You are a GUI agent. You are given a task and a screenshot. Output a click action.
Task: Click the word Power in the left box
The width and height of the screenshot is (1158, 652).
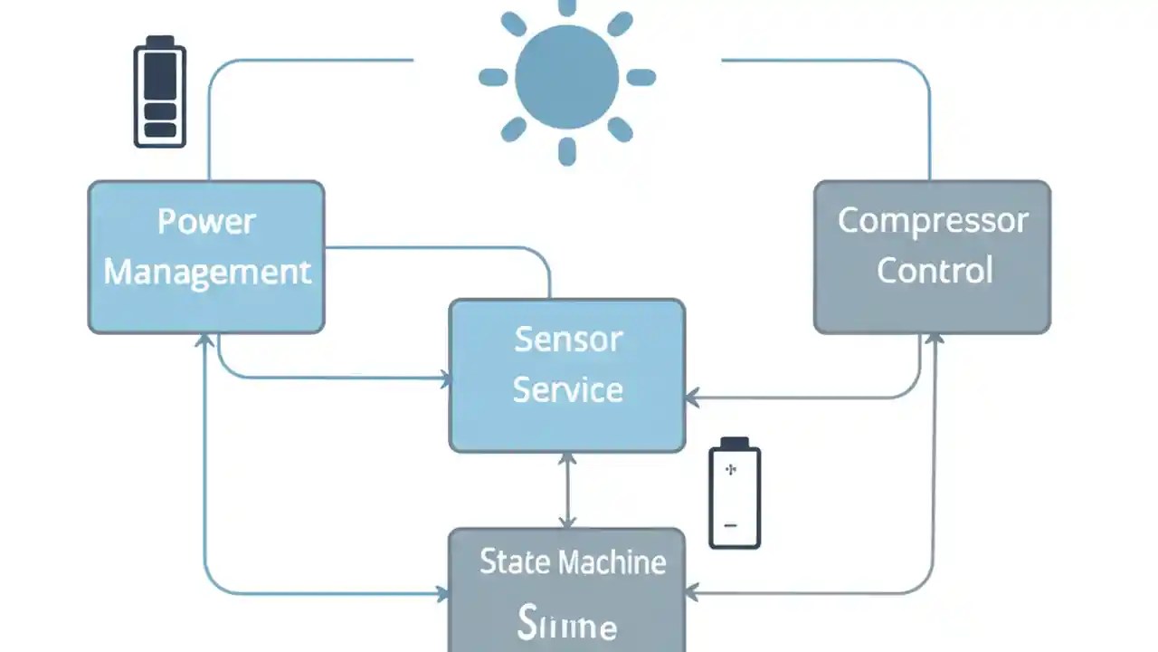(x=206, y=222)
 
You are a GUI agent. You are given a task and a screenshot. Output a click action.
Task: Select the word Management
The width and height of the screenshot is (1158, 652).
(x=207, y=272)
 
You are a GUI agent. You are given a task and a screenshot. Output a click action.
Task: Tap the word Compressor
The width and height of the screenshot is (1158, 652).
(x=933, y=221)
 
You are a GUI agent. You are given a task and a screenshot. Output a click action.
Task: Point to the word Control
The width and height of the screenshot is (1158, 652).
(x=935, y=271)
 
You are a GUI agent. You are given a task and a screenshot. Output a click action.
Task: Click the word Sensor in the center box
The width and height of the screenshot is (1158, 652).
(x=568, y=340)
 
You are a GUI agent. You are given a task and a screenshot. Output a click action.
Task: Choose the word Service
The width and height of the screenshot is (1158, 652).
(x=568, y=390)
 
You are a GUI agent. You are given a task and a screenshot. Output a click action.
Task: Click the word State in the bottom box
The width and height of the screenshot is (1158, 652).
(x=513, y=562)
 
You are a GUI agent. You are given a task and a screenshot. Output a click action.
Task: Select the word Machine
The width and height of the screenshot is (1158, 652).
(x=611, y=562)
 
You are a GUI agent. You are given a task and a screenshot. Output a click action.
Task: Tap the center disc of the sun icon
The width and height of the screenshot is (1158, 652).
(x=567, y=77)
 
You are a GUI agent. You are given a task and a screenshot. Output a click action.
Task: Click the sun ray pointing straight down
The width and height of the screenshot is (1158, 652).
(x=567, y=151)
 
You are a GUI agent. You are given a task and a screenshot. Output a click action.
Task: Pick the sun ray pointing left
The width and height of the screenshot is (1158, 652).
(x=493, y=77)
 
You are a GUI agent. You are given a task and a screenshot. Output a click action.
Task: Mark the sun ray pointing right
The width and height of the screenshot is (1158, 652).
(x=641, y=77)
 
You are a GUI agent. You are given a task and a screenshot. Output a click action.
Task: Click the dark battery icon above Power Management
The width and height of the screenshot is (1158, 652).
(x=160, y=91)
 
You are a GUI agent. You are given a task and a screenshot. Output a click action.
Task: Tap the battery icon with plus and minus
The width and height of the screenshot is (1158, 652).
(x=735, y=494)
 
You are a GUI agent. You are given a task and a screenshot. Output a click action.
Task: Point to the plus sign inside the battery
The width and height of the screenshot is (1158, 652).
(x=732, y=470)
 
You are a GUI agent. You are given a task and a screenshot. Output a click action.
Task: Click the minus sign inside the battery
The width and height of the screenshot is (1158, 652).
(x=731, y=525)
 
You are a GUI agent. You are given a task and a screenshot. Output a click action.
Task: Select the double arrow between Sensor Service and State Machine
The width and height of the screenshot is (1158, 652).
(x=567, y=490)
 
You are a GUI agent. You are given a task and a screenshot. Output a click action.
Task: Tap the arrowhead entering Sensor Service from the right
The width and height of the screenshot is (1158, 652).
(x=691, y=398)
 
